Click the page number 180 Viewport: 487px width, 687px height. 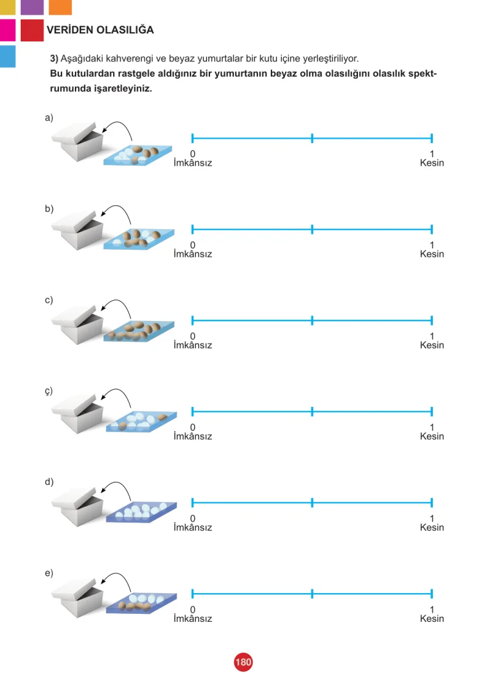(243, 661)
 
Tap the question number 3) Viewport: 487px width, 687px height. (54, 58)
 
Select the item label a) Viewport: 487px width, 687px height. (49, 118)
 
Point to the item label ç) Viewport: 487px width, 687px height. (49, 391)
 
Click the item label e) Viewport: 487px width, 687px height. (49, 572)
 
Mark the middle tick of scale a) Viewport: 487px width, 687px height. (312, 138)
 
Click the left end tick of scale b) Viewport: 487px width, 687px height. (193, 229)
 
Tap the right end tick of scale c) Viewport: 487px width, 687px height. (432, 320)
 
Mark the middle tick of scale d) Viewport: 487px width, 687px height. (312, 502)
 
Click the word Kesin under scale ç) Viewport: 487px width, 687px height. (432, 437)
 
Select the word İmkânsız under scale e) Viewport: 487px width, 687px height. (193, 618)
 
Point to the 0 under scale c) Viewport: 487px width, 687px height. (193, 336)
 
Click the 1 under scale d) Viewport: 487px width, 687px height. (432, 518)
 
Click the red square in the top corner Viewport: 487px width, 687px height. (32, 30)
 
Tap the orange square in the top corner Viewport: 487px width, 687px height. (60, 7)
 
